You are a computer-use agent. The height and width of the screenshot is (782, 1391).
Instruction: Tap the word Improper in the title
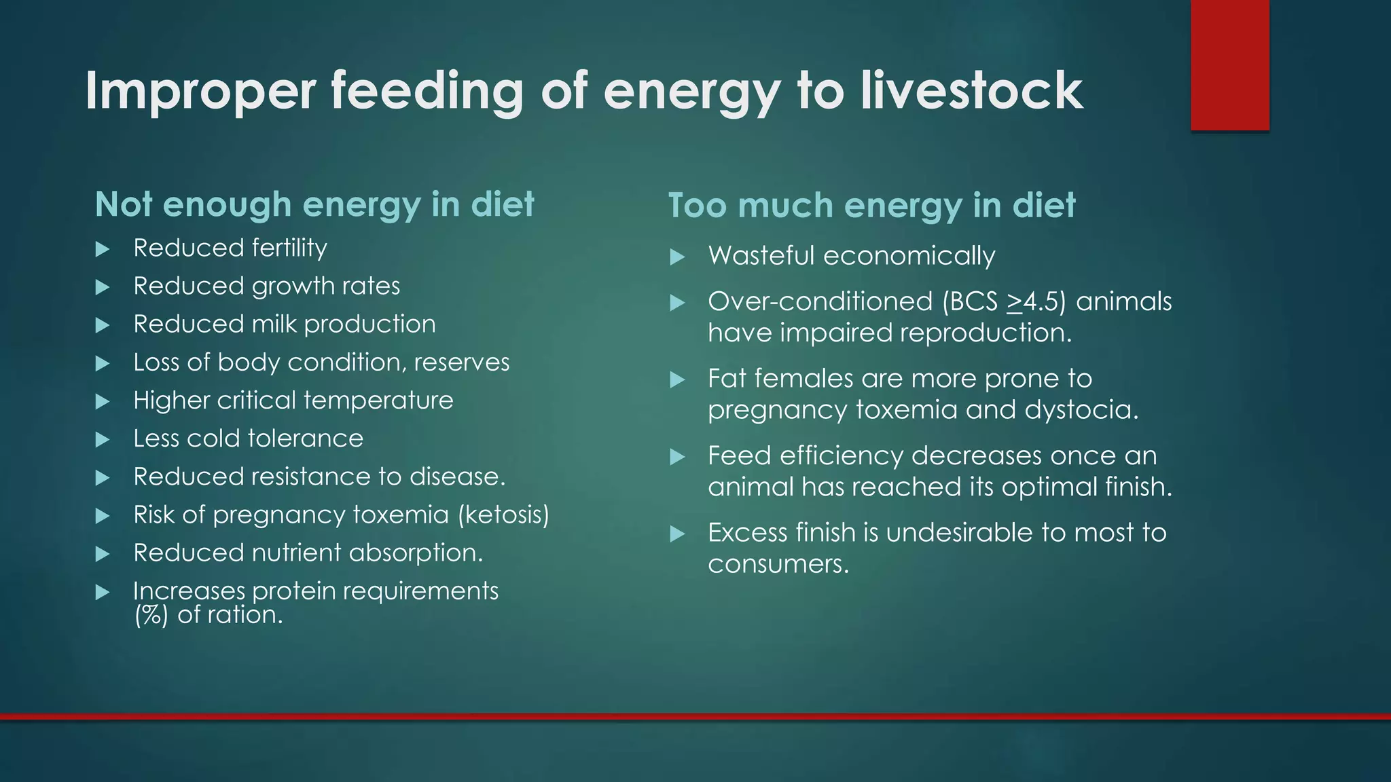click(201, 92)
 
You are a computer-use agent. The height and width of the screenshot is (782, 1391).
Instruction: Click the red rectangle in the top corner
click(1229, 65)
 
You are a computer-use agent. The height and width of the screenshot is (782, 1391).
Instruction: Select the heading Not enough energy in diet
click(314, 204)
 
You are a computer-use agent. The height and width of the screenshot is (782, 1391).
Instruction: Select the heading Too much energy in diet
click(871, 206)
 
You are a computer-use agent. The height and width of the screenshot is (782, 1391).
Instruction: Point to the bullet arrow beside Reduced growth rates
click(103, 287)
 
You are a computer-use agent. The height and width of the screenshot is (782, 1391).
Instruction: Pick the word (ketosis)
click(503, 515)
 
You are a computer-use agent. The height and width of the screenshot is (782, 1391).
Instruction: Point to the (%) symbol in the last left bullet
click(151, 615)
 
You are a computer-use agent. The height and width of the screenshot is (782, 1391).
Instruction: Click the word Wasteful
click(761, 256)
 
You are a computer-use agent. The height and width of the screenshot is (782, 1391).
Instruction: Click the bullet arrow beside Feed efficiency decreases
click(677, 457)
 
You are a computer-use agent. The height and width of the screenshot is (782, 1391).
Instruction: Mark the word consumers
click(778, 565)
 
